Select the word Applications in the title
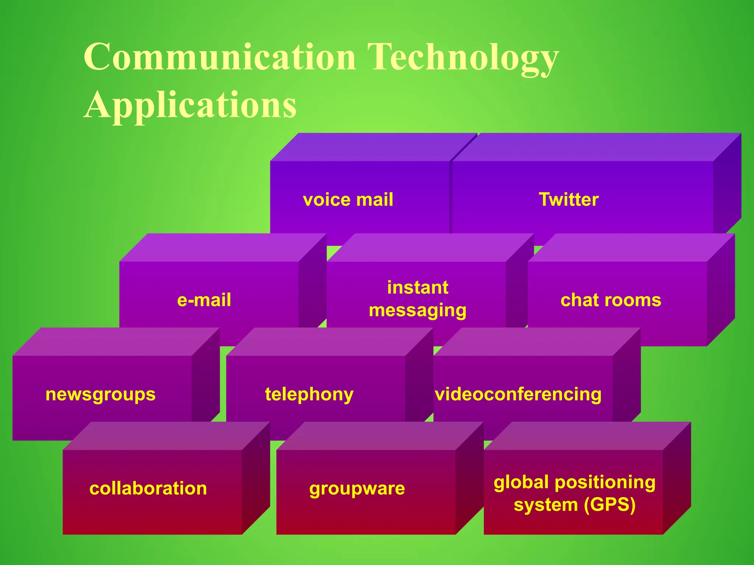(190, 105)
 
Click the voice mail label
(348, 200)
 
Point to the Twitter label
(569, 199)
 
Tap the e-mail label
(204, 300)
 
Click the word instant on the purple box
(417, 287)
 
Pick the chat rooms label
(611, 300)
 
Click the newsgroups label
(101, 395)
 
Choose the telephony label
(309, 395)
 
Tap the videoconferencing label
(518, 394)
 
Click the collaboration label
(148, 488)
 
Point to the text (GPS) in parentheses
(610, 505)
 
